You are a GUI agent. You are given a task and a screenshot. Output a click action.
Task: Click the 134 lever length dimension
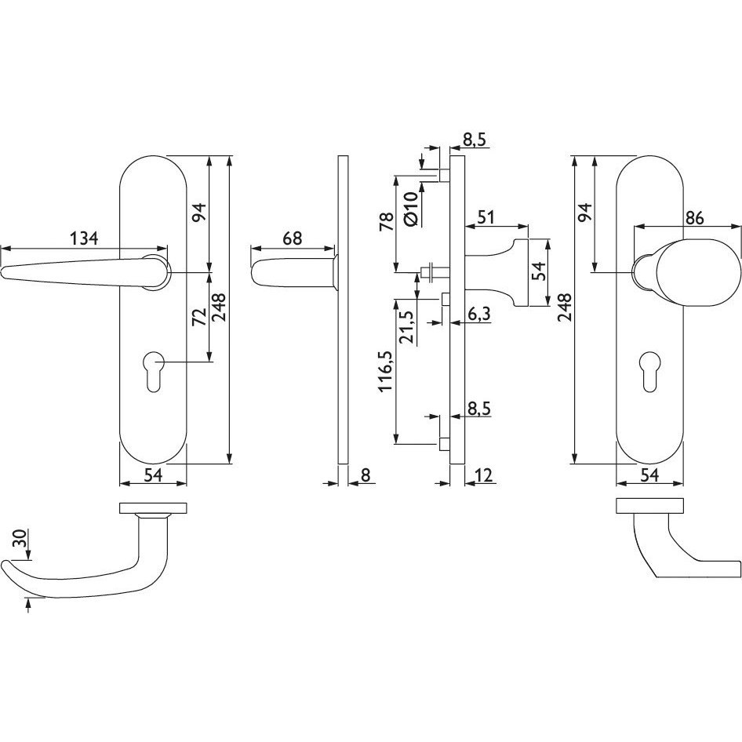pyautogui.click(x=84, y=238)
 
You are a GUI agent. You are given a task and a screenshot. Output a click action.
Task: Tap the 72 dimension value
pyautogui.click(x=200, y=317)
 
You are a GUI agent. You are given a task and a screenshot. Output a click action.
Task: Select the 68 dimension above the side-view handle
pyautogui.click(x=292, y=238)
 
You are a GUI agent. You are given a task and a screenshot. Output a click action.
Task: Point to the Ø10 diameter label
pyautogui.click(x=411, y=209)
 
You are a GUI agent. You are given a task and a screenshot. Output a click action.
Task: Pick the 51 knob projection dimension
pyautogui.click(x=486, y=217)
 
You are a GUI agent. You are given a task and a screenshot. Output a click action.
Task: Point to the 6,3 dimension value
pyautogui.click(x=479, y=313)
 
